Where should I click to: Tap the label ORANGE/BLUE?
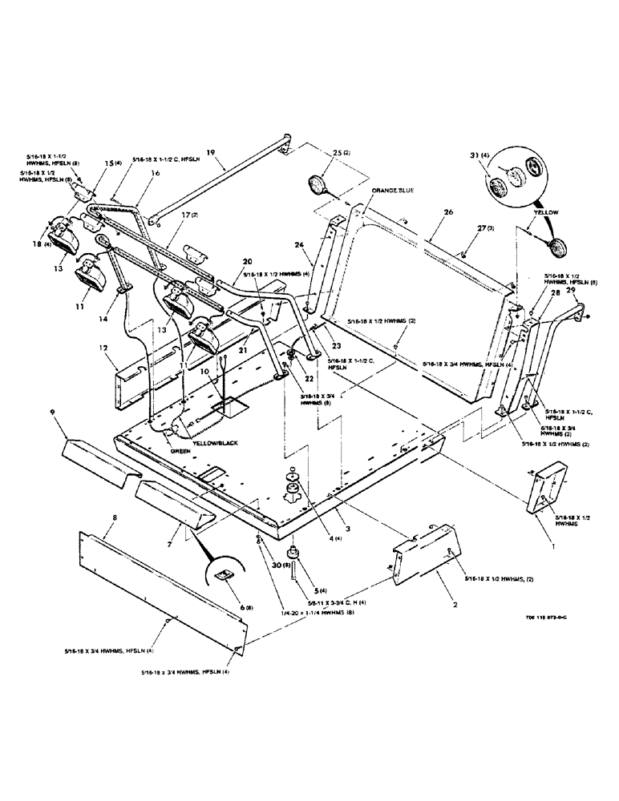tap(394, 191)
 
